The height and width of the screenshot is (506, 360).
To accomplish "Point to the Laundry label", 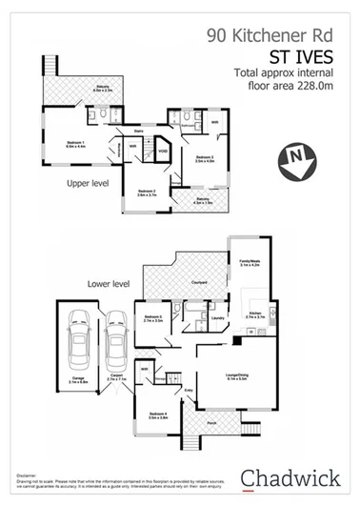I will pos(218,318).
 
